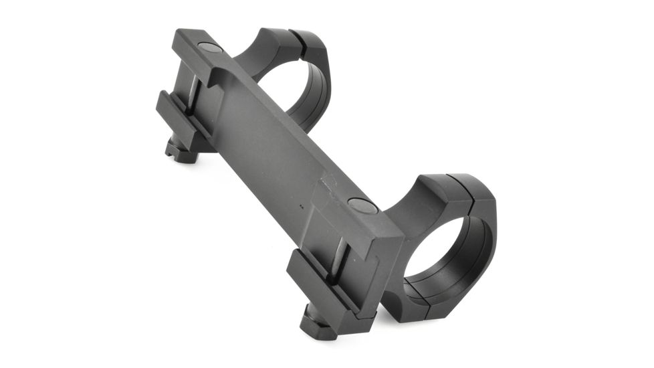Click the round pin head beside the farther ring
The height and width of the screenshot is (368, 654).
tap(210, 48)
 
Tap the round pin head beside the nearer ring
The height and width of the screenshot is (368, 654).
tap(364, 205)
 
